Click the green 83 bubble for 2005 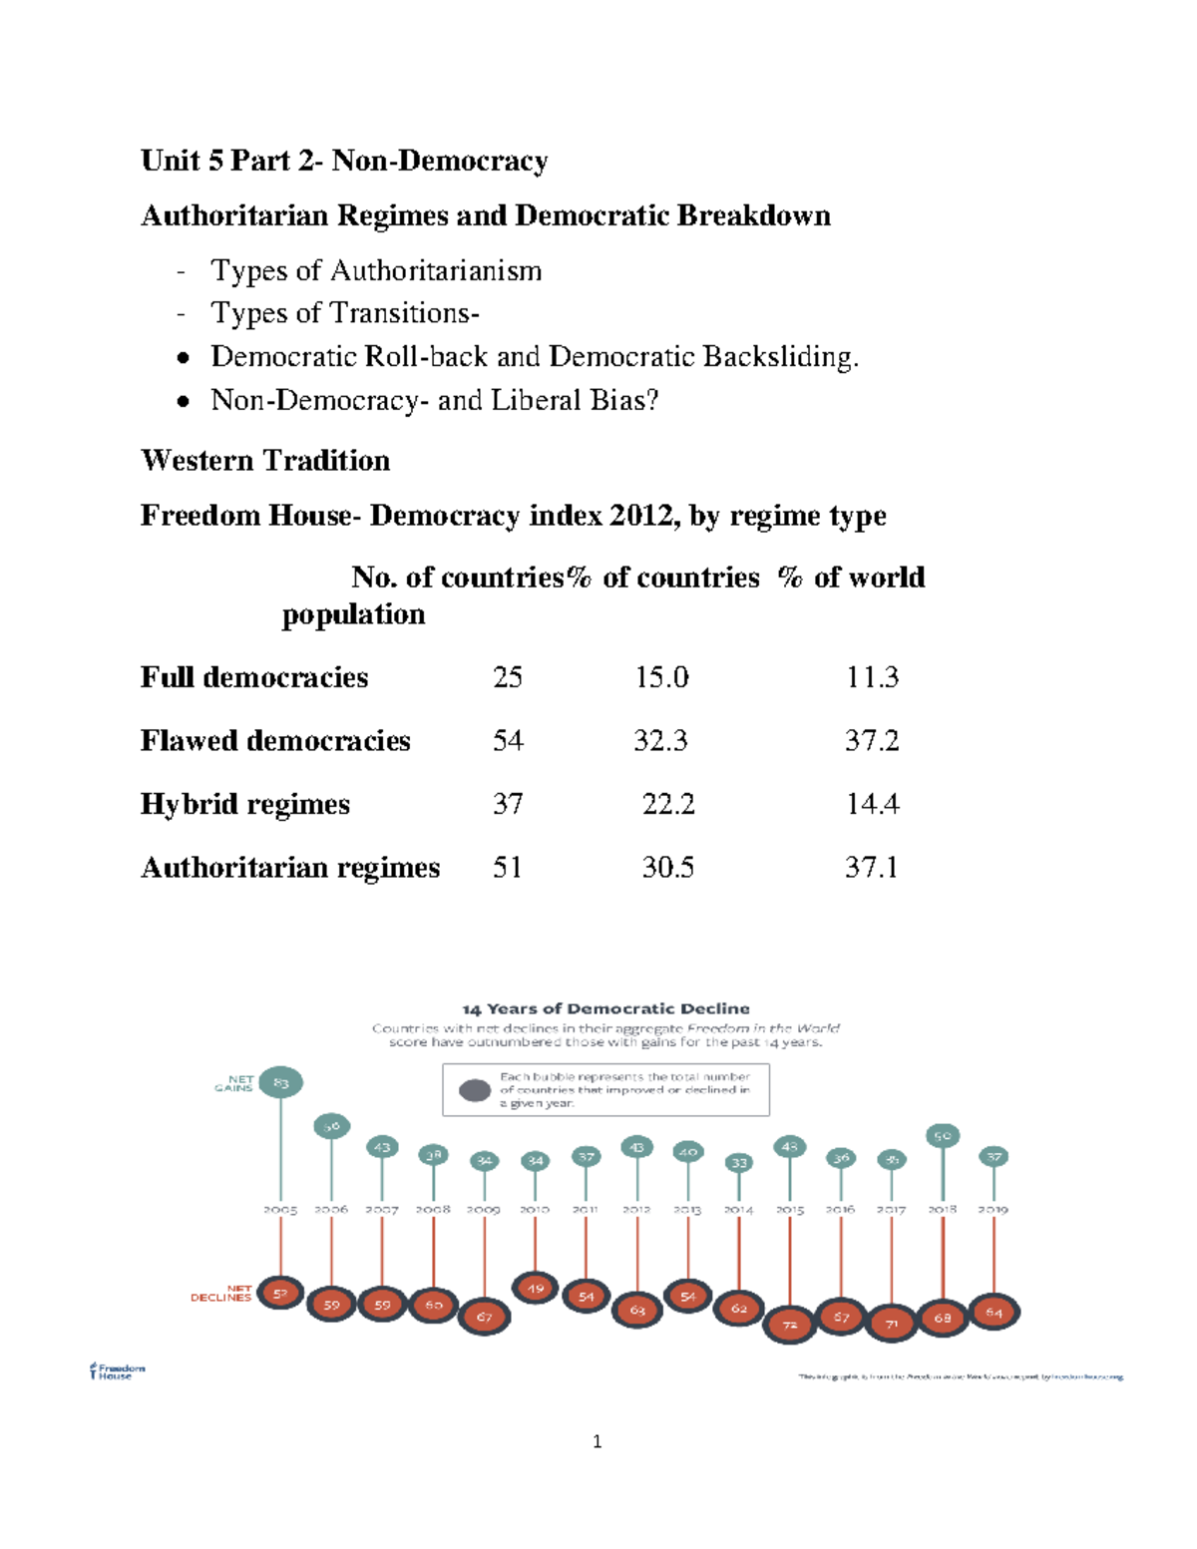coord(280,1082)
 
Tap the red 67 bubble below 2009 coord(485,1317)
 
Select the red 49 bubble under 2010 coord(536,1289)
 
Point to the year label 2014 coord(738,1210)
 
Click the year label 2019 coord(994,1210)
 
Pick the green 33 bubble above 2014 coord(738,1163)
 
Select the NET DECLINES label coord(221,1294)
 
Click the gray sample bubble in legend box coord(475,1090)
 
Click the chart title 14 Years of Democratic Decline coord(605,1009)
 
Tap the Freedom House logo coord(117,1371)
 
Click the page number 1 coord(597,1441)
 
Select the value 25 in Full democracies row coord(507,677)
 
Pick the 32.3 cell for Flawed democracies coord(660,741)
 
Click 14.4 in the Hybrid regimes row coord(872,804)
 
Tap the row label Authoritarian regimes coord(290,868)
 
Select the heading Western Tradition coord(265,461)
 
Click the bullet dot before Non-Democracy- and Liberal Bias coord(183,401)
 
